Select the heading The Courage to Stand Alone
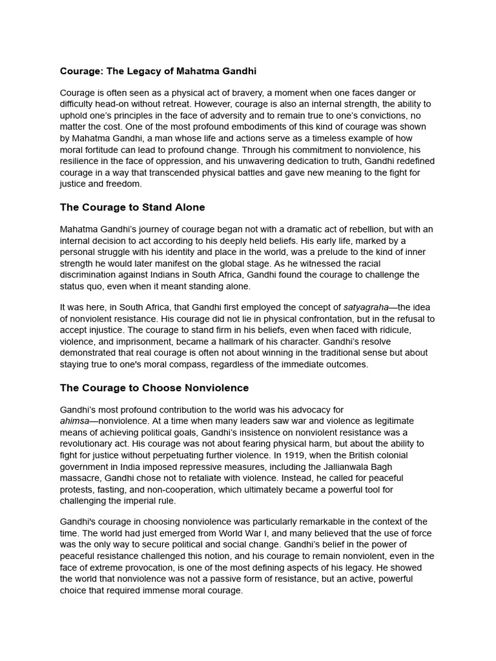pyautogui.click(x=132, y=207)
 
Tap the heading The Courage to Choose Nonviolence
pyautogui.click(x=154, y=388)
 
